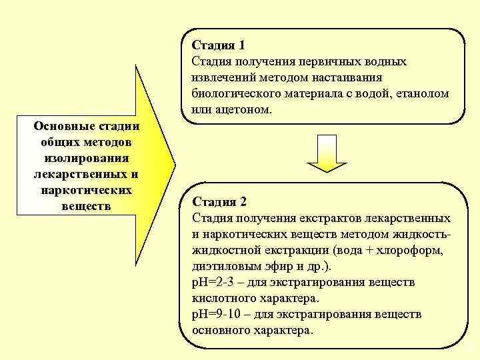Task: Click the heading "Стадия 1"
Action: click(218, 45)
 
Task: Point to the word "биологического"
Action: click(229, 93)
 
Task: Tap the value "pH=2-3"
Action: click(211, 282)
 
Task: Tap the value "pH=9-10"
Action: click(214, 314)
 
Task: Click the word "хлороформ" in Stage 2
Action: click(405, 250)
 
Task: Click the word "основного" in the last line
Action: click(219, 330)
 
